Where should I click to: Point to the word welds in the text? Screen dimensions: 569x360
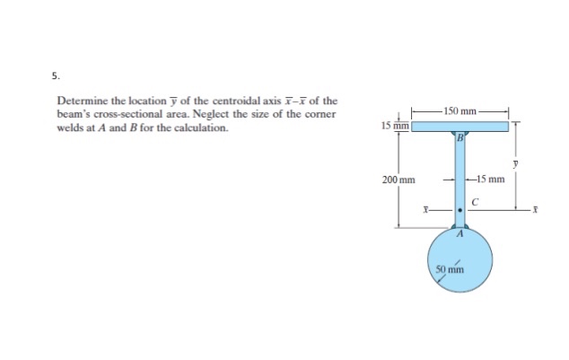click(73, 127)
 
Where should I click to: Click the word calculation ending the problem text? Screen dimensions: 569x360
click(203, 127)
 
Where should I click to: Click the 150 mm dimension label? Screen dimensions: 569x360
click(461, 110)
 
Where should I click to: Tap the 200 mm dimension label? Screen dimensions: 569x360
click(398, 180)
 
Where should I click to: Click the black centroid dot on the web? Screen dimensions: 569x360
click(460, 210)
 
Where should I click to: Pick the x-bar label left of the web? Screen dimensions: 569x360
click(426, 211)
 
